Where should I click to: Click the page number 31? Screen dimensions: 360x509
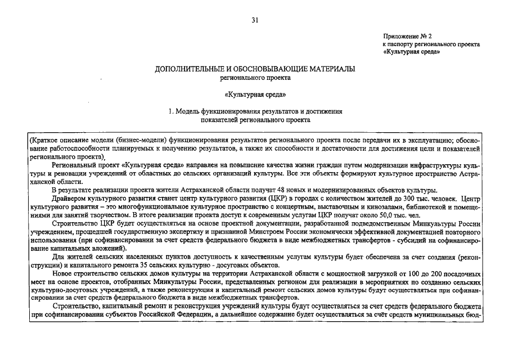pos(255,20)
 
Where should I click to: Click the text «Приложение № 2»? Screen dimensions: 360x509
pos(407,35)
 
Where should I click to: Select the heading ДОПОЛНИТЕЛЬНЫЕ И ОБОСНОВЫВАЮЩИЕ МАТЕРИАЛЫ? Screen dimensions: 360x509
pos(255,69)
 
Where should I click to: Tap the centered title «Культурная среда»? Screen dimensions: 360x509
pos(255,94)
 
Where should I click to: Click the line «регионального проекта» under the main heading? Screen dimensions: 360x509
pos(255,78)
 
